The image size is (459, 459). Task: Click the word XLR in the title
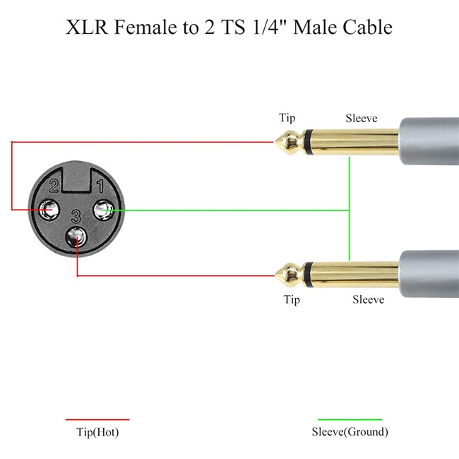pos(87,27)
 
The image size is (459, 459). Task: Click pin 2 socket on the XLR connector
pos(49,210)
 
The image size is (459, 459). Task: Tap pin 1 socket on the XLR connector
pos(103,210)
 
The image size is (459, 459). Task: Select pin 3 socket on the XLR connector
pos(76,237)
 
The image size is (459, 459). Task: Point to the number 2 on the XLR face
pos(54,186)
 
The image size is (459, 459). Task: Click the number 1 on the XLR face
pos(100,186)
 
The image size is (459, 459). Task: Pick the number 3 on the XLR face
pos(76,217)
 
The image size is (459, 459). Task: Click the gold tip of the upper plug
pos(288,142)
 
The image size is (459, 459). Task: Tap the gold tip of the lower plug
pos(288,275)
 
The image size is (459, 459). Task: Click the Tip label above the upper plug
pos(287,118)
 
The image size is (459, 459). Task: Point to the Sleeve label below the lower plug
pos(368,299)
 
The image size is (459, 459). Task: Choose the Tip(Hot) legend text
pos(97,432)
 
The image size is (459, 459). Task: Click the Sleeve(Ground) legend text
pos(350,432)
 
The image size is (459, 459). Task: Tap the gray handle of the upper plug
pos(429,141)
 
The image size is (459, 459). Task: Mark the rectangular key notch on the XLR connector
pos(77,179)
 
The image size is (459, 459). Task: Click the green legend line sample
pos(350,419)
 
